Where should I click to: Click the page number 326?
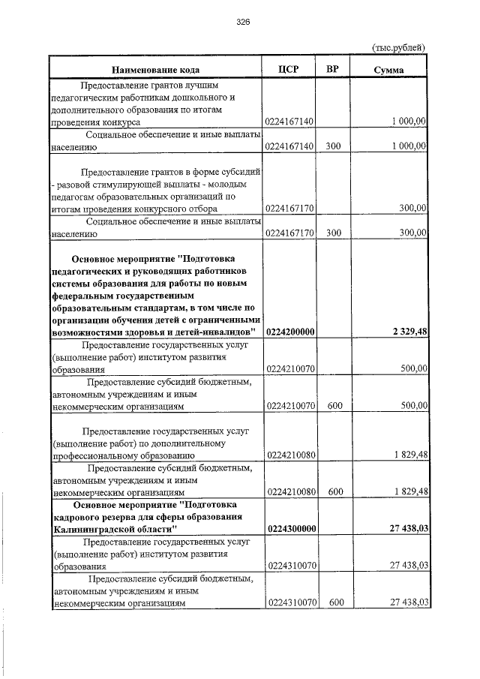(241, 23)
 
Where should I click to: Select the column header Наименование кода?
(155, 70)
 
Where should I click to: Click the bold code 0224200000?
(290, 332)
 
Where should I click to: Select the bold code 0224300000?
(290, 529)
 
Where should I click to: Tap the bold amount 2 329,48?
(408, 332)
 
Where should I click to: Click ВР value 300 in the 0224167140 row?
(334, 146)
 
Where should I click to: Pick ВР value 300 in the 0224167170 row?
(334, 233)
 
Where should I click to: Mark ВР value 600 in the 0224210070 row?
(334, 405)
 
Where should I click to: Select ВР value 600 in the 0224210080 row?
(334, 491)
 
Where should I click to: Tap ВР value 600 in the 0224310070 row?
(334, 602)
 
